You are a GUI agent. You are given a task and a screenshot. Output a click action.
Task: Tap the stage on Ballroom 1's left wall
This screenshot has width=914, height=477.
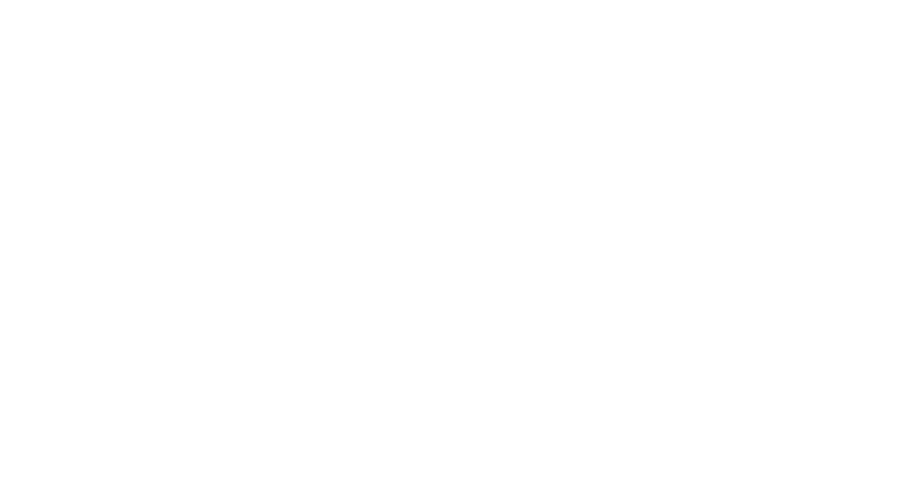[x=56, y=355]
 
